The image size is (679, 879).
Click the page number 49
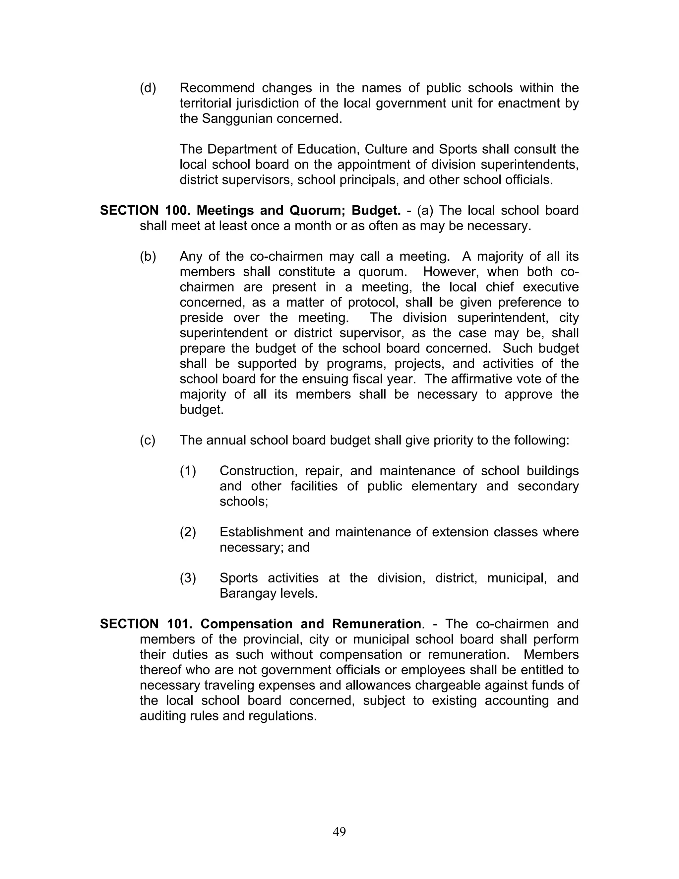pyautogui.click(x=339, y=832)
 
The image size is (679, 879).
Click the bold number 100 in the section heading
pyautogui.click(x=176, y=211)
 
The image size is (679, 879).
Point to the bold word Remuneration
pyautogui.click(x=377, y=624)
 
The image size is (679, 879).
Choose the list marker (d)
pyautogui.click(x=148, y=88)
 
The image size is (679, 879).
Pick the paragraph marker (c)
pyautogui.click(x=147, y=440)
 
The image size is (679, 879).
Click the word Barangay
pyautogui.click(x=245, y=593)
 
